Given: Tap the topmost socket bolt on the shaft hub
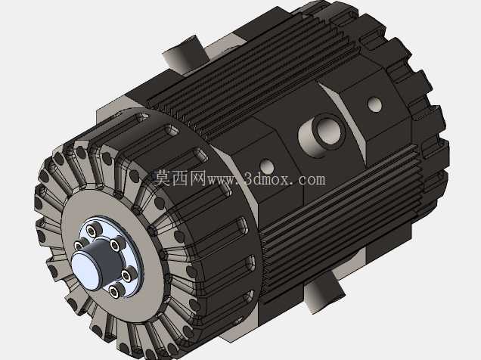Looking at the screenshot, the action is [93, 229].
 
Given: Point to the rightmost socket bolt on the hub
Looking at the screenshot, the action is [129, 275].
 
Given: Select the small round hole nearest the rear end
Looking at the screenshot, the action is [374, 104].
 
